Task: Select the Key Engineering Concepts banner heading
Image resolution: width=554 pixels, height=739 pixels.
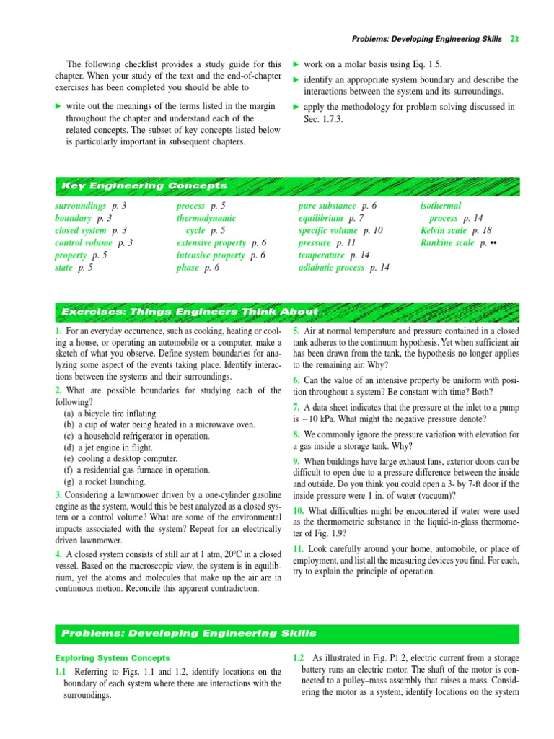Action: tap(144, 186)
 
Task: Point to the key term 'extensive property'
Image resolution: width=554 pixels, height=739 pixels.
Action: tap(211, 243)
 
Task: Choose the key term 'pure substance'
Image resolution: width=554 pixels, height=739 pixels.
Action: tap(327, 206)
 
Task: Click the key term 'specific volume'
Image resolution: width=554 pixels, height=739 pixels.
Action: tap(328, 230)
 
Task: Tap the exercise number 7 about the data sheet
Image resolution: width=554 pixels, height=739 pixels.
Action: tap(296, 408)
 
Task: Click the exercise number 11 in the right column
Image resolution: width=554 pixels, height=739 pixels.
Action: tap(299, 548)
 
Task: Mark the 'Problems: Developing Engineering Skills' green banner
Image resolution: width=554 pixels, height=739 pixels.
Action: tap(189, 633)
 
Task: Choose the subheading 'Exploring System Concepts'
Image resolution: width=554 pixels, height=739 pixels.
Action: tap(113, 657)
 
